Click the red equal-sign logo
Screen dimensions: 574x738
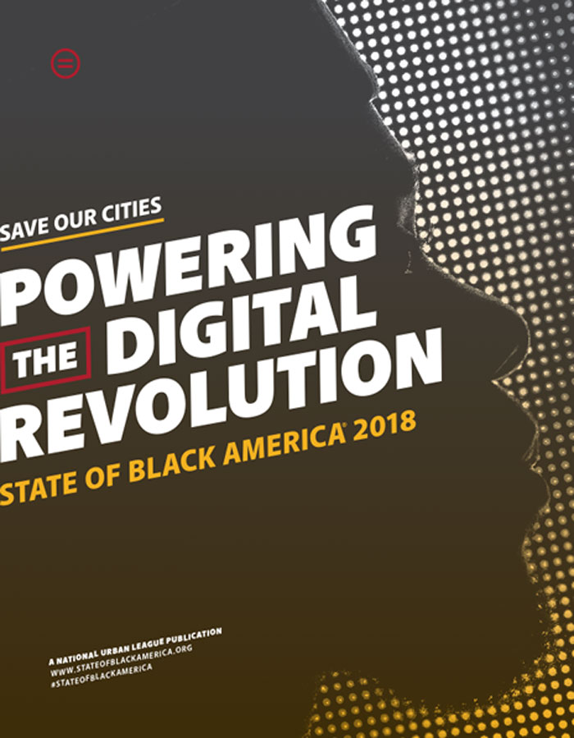pos(66,63)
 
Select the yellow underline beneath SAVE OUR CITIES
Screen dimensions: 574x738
pos(82,234)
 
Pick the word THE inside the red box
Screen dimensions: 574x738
pos(45,360)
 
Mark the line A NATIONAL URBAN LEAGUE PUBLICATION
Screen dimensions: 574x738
pos(135,646)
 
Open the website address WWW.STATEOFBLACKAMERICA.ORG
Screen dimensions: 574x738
pos(121,661)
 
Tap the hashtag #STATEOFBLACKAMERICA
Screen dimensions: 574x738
pos(101,675)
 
